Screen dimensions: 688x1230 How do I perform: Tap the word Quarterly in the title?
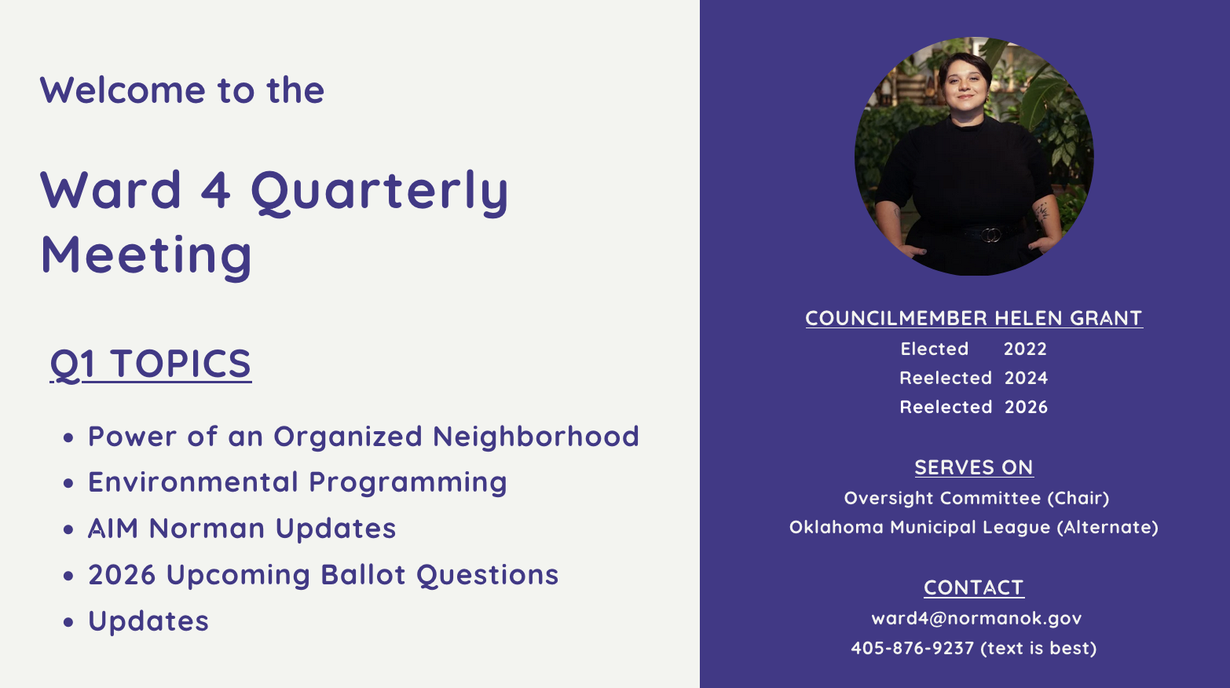pos(379,191)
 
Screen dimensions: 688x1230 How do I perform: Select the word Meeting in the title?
pos(146,255)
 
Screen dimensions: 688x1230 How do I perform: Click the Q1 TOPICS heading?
pos(151,364)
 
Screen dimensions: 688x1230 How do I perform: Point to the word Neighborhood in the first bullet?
pos(536,437)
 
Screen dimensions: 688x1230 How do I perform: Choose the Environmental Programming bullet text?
pos(297,482)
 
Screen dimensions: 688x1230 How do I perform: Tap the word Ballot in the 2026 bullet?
pos(364,575)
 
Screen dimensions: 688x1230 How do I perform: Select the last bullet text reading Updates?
pos(148,621)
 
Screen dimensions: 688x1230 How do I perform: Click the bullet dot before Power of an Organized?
pos(69,437)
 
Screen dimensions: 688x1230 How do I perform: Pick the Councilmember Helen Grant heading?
pos(974,318)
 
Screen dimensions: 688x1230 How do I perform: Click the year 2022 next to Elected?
pos(1025,349)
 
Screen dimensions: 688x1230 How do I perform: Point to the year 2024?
pos(1026,378)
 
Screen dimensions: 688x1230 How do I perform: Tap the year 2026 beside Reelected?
pos(1026,407)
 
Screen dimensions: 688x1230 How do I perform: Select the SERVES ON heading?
pos(974,467)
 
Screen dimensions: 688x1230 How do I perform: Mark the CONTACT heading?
pos(974,587)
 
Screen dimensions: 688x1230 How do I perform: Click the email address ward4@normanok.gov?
pos(976,618)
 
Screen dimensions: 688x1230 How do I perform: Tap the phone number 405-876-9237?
pos(912,648)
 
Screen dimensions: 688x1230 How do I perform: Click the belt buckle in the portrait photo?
pos(991,234)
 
